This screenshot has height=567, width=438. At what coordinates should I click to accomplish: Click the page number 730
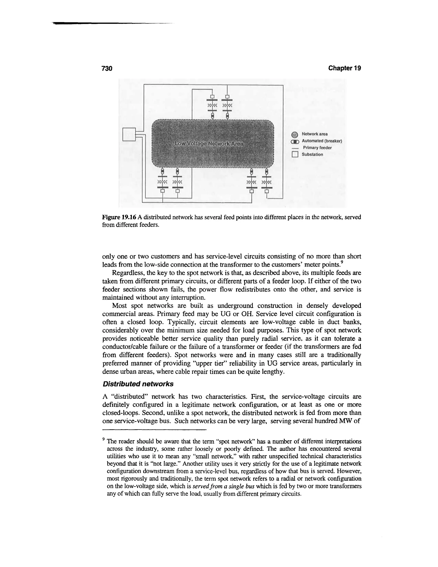(x=107, y=68)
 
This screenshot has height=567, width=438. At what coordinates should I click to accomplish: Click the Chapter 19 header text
(x=344, y=68)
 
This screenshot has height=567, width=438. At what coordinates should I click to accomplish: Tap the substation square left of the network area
(x=129, y=135)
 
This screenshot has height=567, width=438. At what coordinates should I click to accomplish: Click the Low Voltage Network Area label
(x=209, y=144)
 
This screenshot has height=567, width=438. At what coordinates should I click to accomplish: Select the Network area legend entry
(x=314, y=134)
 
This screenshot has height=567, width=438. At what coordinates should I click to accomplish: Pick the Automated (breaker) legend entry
(x=321, y=141)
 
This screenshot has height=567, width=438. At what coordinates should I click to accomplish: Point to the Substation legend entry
(x=312, y=154)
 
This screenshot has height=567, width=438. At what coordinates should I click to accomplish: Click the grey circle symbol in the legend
(x=294, y=135)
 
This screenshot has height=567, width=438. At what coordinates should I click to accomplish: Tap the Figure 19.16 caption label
(x=119, y=217)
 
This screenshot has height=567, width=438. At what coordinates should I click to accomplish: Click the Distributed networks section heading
(x=138, y=384)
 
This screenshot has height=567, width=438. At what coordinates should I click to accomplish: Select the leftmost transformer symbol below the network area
(x=163, y=181)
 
